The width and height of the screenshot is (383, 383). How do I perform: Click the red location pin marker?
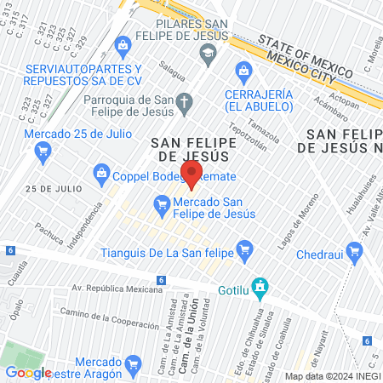pyautogui.click(x=191, y=174)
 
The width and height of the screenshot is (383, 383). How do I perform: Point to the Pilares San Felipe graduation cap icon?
pyautogui.click(x=208, y=54)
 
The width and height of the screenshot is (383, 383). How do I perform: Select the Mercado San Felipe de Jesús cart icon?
pyautogui.click(x=160, y=204)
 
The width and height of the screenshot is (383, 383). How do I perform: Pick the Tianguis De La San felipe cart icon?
pyautogui.click(x=246, y=249)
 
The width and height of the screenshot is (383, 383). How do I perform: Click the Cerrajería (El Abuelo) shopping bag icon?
pyautogui.click(x=243, y=71)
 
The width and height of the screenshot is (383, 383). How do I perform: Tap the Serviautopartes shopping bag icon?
pyautogui.click(x=123, y=43)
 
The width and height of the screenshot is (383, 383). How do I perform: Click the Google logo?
pyautogui.click(x=28, y=371)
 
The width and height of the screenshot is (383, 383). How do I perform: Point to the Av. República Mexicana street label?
pyautogui.click(x=117, y=289)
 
